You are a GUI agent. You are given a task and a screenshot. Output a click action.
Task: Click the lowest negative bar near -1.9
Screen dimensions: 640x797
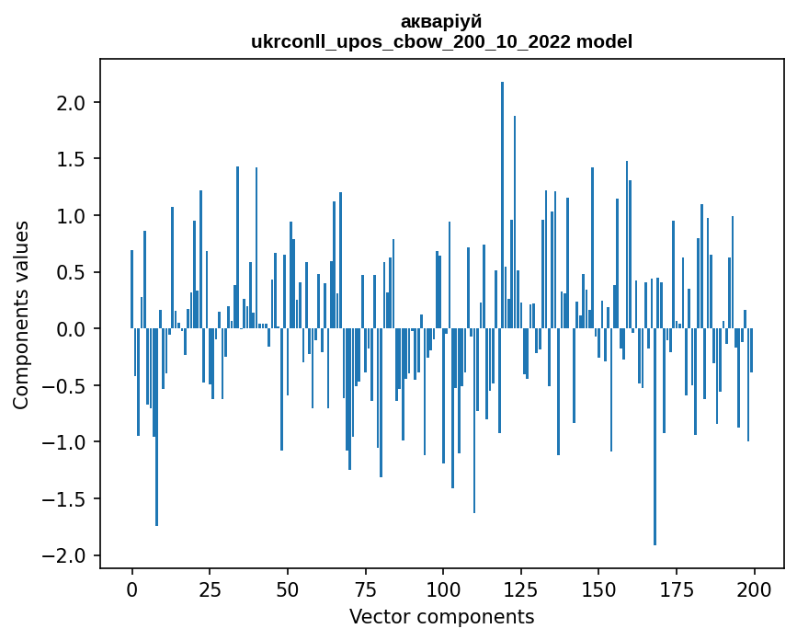tap(655, 437)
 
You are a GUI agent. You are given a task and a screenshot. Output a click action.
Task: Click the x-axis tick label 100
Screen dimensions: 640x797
tap(443, 588)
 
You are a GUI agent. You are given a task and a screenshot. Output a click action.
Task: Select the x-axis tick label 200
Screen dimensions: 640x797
tap(754, 588)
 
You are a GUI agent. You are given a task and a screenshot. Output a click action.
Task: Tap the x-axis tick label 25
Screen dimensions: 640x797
tap(210, 588)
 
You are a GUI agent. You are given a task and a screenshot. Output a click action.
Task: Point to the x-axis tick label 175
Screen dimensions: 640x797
tap(677, 588)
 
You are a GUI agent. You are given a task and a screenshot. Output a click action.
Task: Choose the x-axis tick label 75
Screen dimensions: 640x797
tap(365, 588)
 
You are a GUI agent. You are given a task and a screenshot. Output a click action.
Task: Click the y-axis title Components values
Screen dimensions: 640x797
tap(21, 314)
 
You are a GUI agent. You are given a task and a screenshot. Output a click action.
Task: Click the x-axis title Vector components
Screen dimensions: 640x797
tap(441, 616)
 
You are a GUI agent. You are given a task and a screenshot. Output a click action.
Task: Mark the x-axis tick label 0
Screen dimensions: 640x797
tap(131, 588)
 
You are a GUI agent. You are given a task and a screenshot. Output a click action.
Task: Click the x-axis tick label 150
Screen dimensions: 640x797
tap(598, 588)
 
